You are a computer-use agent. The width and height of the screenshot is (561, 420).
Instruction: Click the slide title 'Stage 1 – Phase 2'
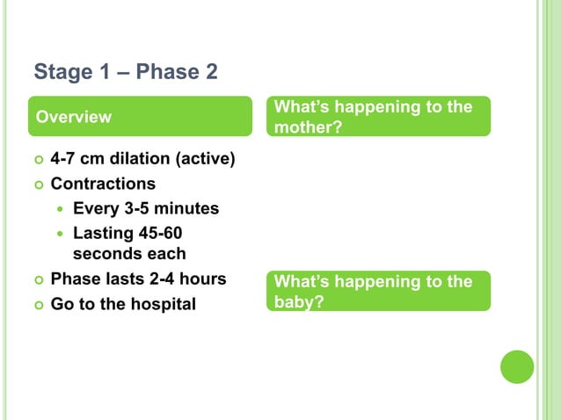[x=125, y=71]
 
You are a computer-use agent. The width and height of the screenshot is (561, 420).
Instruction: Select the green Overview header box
[x=139, y=117]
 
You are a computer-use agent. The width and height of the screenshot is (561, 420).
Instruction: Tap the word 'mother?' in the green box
[x=307, y=127]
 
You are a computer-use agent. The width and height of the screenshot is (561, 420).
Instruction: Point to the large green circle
[x=517, y=366]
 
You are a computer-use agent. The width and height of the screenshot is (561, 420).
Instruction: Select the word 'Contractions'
[x=103, y=185]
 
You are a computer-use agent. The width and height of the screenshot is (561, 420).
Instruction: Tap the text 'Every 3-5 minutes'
[x=146, y=209]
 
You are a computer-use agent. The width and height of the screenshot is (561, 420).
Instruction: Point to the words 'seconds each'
[x=129, y=254]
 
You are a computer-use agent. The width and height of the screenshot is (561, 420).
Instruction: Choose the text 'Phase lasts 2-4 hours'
[x=138, y=279]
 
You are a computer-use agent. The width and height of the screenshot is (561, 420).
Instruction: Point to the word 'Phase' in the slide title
[x=172, y=71]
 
